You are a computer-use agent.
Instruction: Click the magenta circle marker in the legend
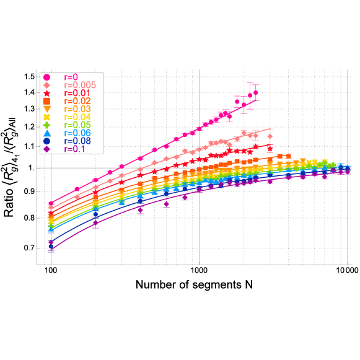(x=46, y=77)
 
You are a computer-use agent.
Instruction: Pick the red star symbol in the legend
(x=46, y=93)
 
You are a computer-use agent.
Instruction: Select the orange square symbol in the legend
(x=46, y=101)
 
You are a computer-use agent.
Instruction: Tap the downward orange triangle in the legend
(x=46, y=109)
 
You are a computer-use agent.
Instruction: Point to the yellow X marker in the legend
(x=46, y=117)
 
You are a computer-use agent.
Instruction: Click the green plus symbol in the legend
(x=46, y=125)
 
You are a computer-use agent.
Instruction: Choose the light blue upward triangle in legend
(x=46, y=133)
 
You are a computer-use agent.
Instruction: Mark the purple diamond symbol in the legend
(x=46, y=149)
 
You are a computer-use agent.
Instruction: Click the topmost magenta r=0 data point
(x=256, y=92)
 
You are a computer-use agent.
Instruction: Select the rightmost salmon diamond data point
(x=270, y=136)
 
